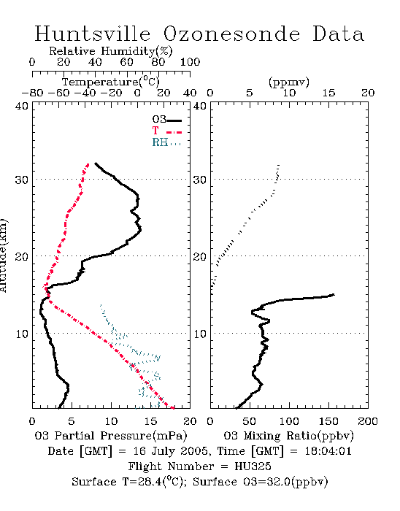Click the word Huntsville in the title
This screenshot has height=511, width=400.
(x=93, y=34)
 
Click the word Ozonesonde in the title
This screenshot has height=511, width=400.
(x=231, y=34)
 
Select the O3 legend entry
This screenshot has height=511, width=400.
(x=166, y=120)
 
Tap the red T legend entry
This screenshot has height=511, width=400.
(x=166, y=131)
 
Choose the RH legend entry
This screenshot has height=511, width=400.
(x=166, y=142)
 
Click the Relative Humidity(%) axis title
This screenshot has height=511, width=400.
(x=111, y=51)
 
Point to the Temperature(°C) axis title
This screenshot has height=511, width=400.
(x=111, y=82)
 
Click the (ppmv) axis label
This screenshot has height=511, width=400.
(x=288, y=82)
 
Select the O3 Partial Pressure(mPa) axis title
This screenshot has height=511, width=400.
(x=111, y=436)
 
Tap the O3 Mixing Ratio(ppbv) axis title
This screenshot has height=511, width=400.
(x=288, y=436)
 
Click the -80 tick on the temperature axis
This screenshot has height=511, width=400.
(x=32, y=93)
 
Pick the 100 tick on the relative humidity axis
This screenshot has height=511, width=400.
(x=190, y=62)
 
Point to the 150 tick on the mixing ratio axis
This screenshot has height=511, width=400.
(x=328, y=421)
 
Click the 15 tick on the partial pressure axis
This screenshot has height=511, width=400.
(x=150, y=421)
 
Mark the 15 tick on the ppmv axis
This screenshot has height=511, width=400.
(x=328, y=93)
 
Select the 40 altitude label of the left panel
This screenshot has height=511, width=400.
(x=22, y=106)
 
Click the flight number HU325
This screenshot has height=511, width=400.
(x=253, y=466)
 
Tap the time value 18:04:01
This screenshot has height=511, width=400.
(x=328, y=451)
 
